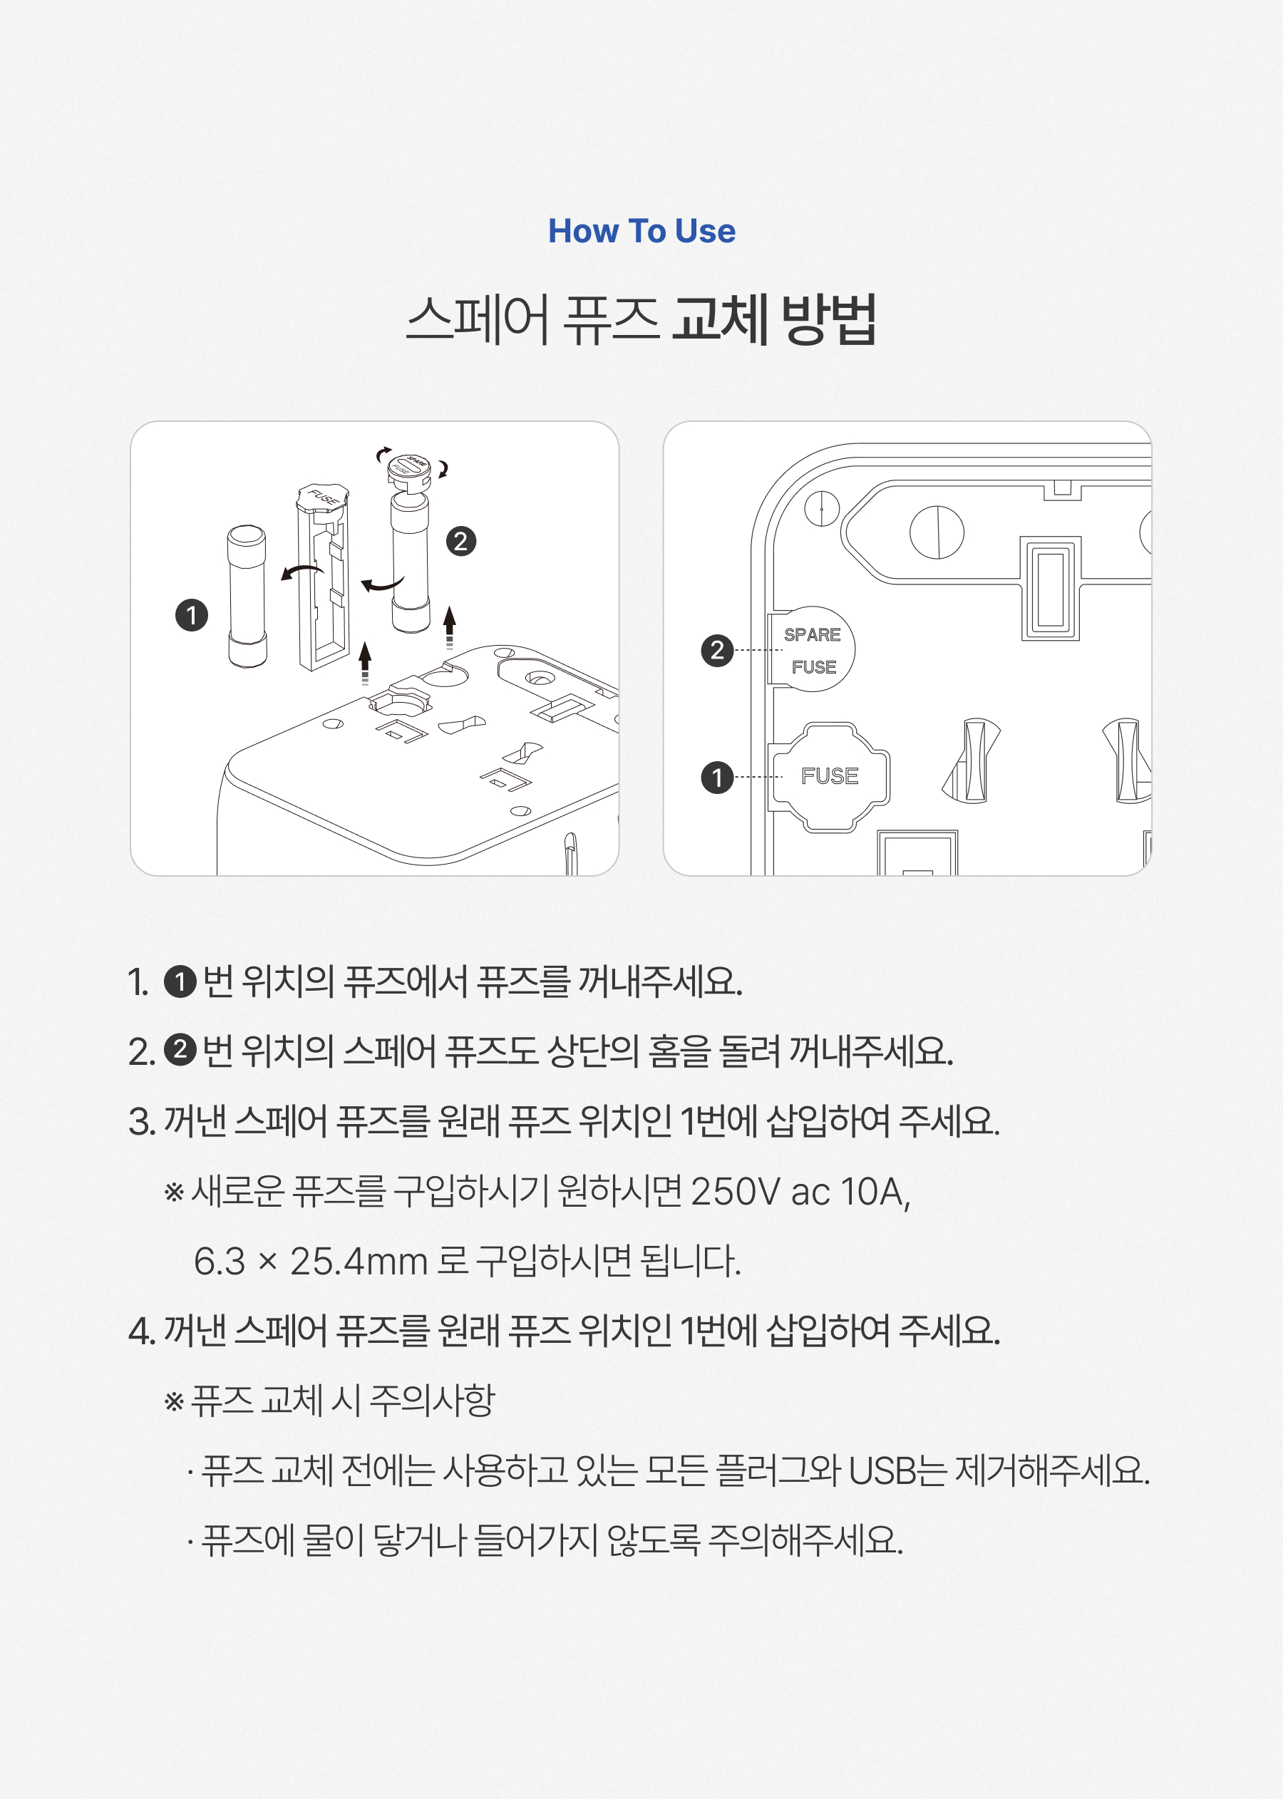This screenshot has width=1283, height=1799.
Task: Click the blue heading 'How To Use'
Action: point(641,232)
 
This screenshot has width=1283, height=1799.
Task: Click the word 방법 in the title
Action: point(829,320)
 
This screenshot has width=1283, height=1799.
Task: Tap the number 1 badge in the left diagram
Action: point(191,614)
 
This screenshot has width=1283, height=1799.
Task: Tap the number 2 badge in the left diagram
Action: point(460,541)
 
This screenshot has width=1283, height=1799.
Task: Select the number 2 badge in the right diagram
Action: point(716,650)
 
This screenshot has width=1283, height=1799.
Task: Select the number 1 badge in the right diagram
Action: point(716,777)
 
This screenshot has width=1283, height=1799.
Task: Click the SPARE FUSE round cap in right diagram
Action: point(812,649)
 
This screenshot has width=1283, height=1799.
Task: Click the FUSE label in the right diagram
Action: point(830,776)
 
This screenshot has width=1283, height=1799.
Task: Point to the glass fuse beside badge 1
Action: point(247,597)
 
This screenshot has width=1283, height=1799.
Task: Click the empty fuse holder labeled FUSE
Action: point(323,577)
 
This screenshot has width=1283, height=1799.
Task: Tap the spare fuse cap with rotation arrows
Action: point(410,468)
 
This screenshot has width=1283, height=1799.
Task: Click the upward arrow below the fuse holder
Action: point(364,662)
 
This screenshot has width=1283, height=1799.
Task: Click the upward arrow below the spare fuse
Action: point(450,627)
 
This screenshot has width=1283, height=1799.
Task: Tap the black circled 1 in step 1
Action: point(180,982)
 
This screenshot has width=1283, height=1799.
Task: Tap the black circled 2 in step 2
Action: point(180,1050)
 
